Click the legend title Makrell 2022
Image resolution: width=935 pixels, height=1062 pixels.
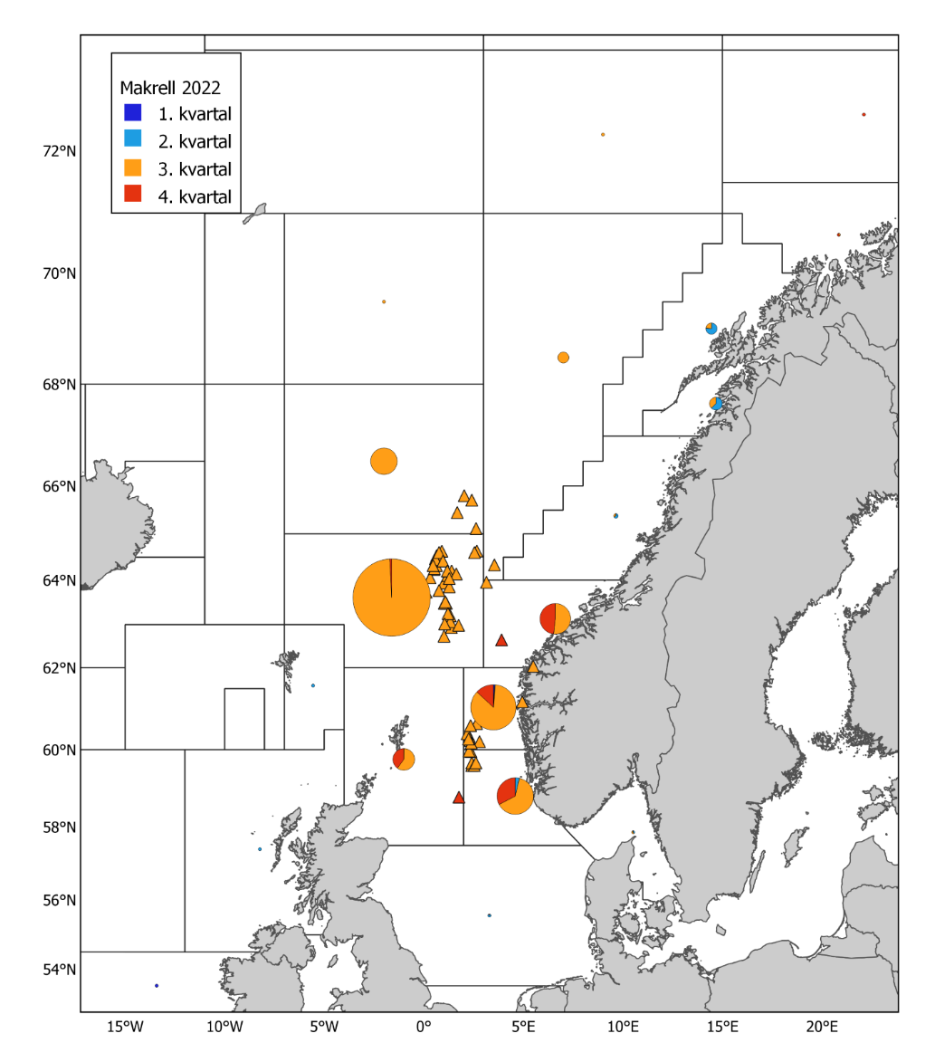(171, 88)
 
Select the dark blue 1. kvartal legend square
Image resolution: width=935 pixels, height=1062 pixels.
(133, 113)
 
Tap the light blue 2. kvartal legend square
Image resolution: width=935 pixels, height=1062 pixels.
(133, 140)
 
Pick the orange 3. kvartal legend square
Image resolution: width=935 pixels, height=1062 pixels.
(133, 167)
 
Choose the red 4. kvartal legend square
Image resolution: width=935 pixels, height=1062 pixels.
(133, 195)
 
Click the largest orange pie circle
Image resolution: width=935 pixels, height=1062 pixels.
(391, 598)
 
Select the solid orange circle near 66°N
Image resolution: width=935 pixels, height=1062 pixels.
(384, 461)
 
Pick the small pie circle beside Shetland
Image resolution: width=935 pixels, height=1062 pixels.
(404, 759)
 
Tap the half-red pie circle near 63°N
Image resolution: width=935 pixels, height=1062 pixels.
(555, 619)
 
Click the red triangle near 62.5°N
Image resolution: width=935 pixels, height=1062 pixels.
(501, 640)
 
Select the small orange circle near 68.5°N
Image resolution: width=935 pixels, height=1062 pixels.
(563, 358)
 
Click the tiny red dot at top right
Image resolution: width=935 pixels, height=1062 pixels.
(863, 114)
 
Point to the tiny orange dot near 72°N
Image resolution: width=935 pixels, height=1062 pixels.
(603, 134)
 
